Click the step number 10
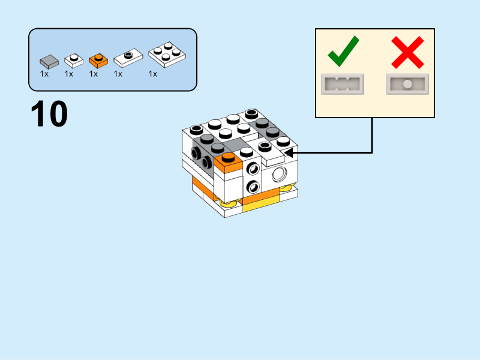[x=49, y=115]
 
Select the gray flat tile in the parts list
[x=49, y=61]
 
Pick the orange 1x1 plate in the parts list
[x=98, y=59]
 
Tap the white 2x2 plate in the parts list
[x=167, y=55]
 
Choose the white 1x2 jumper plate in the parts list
[x=128, y=58]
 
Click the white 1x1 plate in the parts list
[x=74, y=59]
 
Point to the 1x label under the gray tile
[x=44, y=74]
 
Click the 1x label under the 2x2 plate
[x=153, y=74]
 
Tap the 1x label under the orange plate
[x=94, y=74]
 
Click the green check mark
[x=343, y=52]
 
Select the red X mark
[x=407, y=52]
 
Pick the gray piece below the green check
[x=343, y=85]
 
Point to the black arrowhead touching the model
[x=289, y=153]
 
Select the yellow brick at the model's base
[x=261, y=207]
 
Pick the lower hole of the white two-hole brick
[x=253, y=186]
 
